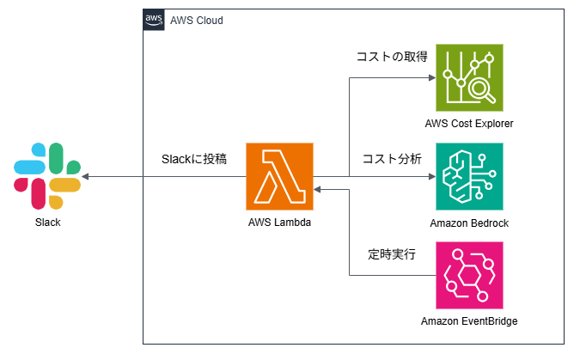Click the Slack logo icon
point(48,176)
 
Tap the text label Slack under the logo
point(47,223)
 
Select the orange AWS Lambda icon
point(280,177)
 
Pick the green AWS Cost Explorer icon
point(469,77)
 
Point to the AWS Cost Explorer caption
point(469,124)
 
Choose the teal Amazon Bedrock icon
point(469,177)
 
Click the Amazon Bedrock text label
point(469,223)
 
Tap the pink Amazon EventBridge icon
point(469,276)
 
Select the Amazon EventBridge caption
point(469,322)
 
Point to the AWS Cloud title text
point(197,20)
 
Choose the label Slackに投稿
point(194,159)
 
